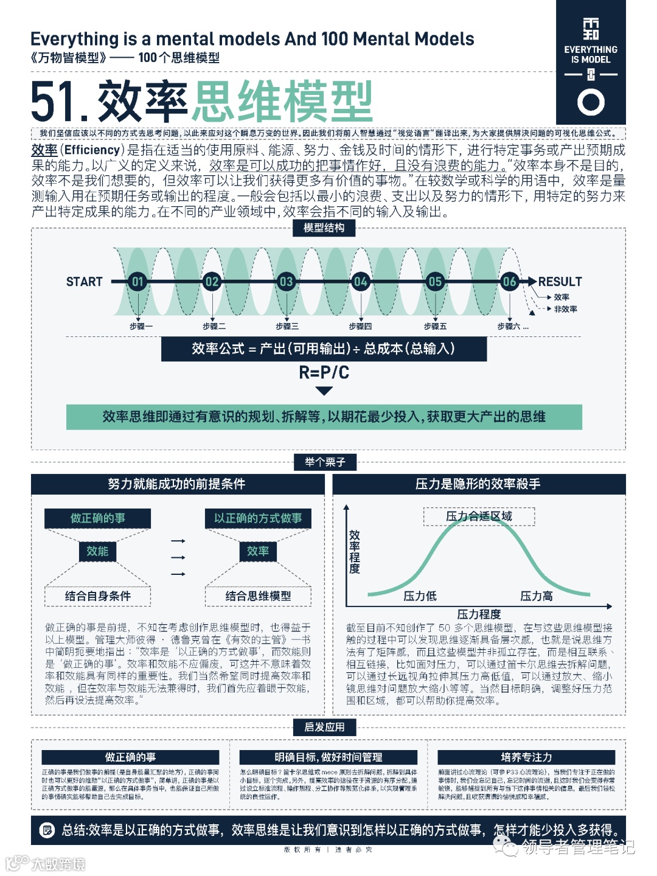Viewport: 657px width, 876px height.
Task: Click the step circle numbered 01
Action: pyautogui.click(x=137, y=282)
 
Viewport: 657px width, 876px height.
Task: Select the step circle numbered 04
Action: pyautogui.click(x=360, y=282)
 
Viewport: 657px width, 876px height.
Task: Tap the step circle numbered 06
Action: pyautogui.click(x=509, y=282)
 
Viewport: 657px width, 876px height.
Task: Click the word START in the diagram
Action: pyautogui.click(x=85, y=282)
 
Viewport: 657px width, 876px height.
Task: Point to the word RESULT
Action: pyautogui.click(x=560, y=282)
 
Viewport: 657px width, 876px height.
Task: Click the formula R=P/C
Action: pyautogui.click(x=324, y=372)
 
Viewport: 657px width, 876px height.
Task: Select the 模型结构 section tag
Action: pyautogui.click(x=324, y=228)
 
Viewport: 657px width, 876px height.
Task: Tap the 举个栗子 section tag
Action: pyautogui.click(x=325, y=462)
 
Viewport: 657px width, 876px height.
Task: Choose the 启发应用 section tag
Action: pyautogui.click(x=324, y=727)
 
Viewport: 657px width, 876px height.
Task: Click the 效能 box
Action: pyautogui.click(x=97, y=551)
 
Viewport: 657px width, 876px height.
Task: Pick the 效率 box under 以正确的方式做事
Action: pyautogui.click(x=258, y=551)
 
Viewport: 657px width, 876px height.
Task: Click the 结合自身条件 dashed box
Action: pyautogui.click(x=97, y=596)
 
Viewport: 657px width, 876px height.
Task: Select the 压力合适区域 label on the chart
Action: pyautogui.click(x=479, y=516)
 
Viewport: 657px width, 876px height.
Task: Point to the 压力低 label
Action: pyautogui.click(x=420, y=596)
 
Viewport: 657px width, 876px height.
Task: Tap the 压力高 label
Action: pyautogui.click(x=537, y=596)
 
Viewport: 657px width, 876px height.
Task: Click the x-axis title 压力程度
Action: pyautogui.click(x=479, y=614)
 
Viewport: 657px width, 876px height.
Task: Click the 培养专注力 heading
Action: pyautogui.click(x=526, y=757)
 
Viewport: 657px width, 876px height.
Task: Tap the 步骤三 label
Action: pyautogui.click(x=287, y=327)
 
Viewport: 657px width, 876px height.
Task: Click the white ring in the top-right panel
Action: pyautogui.click(x=591, y=102)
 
